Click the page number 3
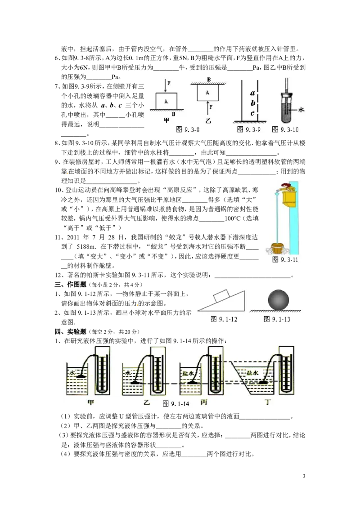pos(304,476)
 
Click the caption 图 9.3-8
pos(188,129)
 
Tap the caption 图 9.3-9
pos(249,129)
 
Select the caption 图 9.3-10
pos(285,129)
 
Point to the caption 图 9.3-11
pos(285,259)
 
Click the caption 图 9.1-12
pos(224,319)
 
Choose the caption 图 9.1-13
pos(277,319)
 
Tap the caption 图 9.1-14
pos(176,403)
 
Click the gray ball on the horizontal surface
pos(279,300)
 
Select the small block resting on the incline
pos(221,295)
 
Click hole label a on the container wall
pos(252,93)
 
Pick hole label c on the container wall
pos(252,114)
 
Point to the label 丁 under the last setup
pos(268,402)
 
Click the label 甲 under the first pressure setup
pos(90,402)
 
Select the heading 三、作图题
pos(71,285)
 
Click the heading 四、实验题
pos(71,331)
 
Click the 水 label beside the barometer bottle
pos(301,110)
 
